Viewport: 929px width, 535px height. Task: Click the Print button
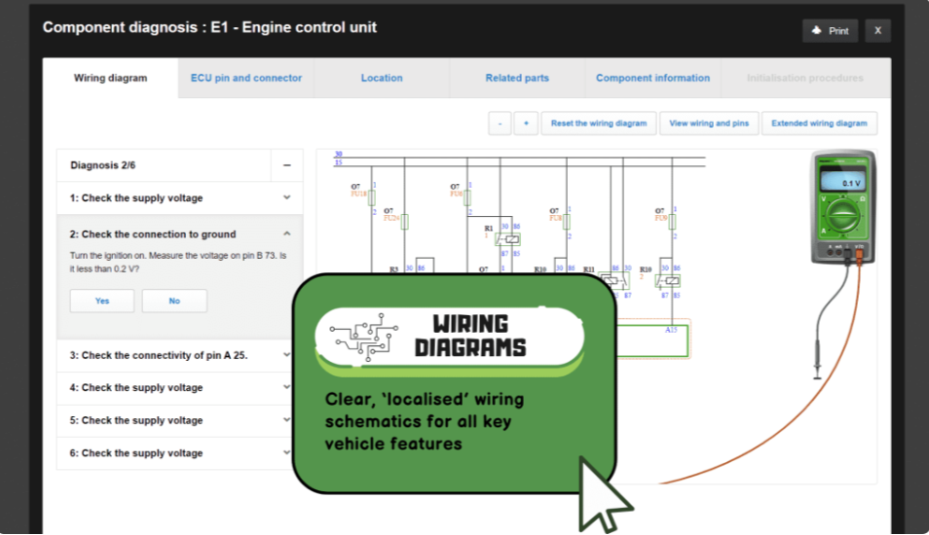pyautogui.click(x=830, y=31)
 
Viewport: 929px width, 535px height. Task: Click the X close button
pyautogui.click(x=877, y=31)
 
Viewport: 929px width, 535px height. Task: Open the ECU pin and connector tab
pyautogui.click(x=246, y=78)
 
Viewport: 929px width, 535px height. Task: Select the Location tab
pyautogui.click(x=382, y=78)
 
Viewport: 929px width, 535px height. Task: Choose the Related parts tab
pyautogui.click(x=517, y=78)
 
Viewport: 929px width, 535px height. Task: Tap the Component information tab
pyautogui.click(x=652, y=78)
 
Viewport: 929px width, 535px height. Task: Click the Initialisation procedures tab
pyautogui.click(x=804, y=78)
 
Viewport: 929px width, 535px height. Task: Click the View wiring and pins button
pyautogui.click(x=708, y=124)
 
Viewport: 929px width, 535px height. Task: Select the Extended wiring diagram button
pyautogui.click(x=819, y=124)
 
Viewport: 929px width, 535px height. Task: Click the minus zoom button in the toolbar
pyautogui.click(x=500, y=124)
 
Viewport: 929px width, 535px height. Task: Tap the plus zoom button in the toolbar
pyautogui.click(x=526, y=124)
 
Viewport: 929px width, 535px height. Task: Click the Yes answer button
pyautogui.click(x=102, y=301)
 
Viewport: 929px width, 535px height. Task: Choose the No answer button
pyautogui.click(x=174, y=301)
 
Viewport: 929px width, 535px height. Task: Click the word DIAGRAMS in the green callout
pyautogui.click(x=469, y=347)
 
